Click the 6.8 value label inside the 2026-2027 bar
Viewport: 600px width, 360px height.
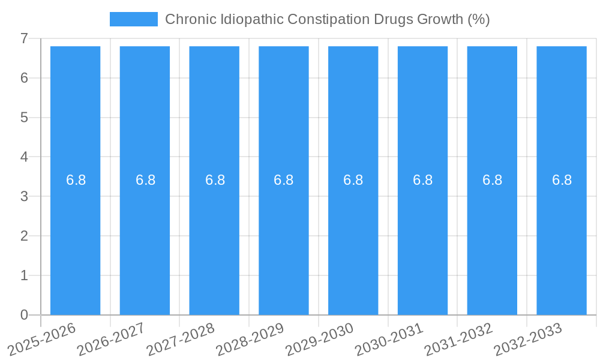click(145, 180)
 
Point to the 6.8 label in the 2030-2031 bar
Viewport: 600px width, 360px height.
click(422, 180)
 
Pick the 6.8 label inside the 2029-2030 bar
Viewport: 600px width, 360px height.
click(353, 180)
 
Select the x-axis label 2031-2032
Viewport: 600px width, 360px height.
click(459, 339)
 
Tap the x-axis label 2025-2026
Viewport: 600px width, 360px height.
click(43, 339)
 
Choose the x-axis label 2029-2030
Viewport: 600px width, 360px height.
click(320, 339)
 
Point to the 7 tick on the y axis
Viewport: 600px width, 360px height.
click(24, 38)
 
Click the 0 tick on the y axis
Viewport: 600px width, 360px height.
click(24, 315)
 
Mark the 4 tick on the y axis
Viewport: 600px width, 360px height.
click(24, 157)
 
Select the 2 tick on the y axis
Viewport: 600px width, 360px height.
click(24, 236)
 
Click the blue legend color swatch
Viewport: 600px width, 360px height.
click(133, 19)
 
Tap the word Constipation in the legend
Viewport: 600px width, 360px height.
click(328, 19)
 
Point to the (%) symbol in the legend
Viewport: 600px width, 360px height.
click(478, 19)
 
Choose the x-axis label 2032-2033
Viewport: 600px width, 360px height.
click(528, 339)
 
